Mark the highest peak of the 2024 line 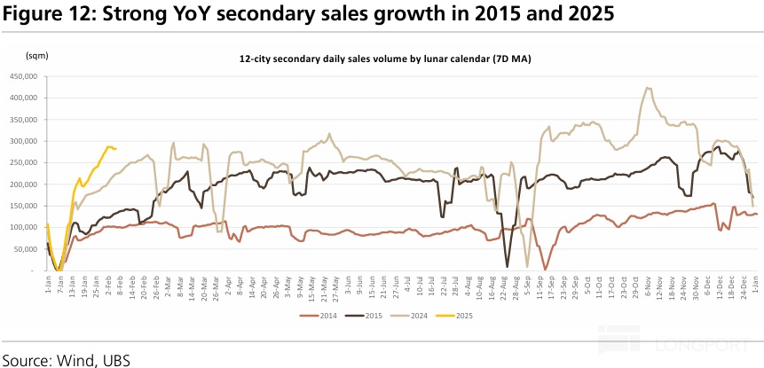[x=649, y=88]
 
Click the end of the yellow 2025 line [x=116, y=149]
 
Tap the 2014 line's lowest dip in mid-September [x=545, y=269]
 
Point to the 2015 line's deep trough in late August [x=508, y=267]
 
